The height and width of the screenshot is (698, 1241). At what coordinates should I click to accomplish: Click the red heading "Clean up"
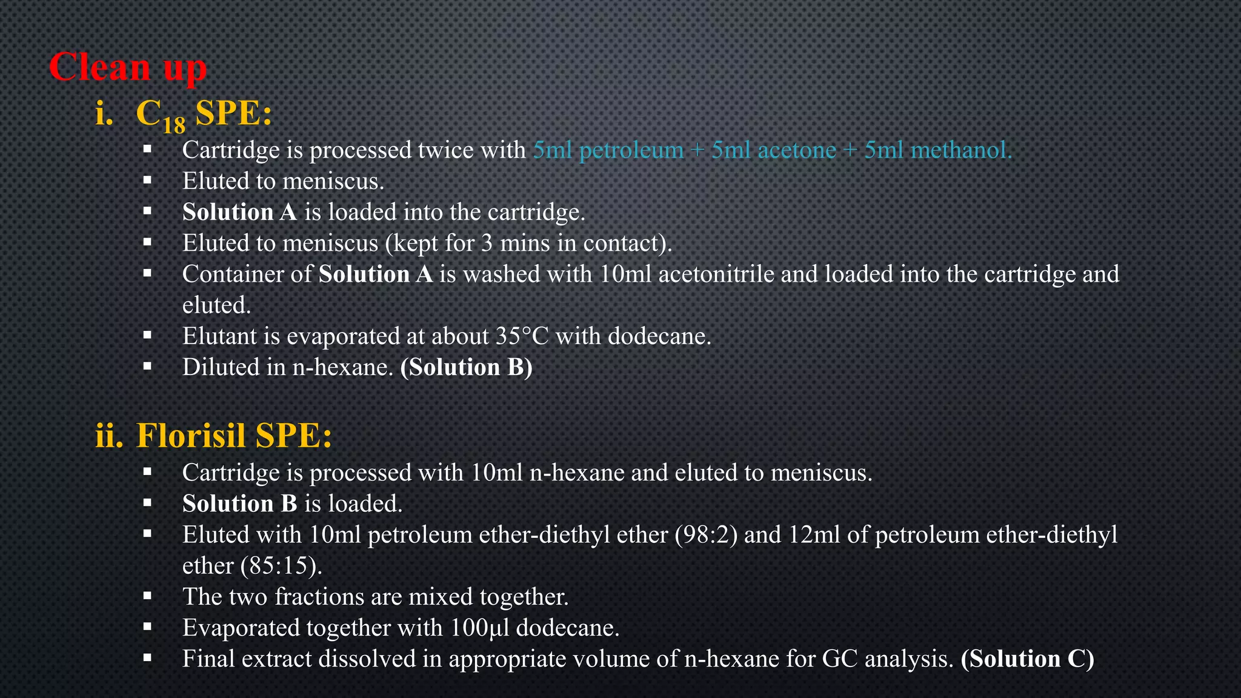coord(127,67)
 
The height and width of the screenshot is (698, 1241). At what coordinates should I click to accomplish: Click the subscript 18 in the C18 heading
coord(173,124)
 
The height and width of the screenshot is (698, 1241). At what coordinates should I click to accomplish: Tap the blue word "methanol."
coord(962,150)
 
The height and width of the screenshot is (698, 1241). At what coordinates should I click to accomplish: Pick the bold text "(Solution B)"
coord(466,367)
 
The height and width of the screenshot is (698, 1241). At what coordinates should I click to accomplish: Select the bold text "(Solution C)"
coord(1027,659)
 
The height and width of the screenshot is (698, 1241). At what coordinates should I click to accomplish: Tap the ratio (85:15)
coord(281,566)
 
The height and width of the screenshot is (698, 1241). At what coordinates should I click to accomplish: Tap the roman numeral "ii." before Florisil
coord(109,436)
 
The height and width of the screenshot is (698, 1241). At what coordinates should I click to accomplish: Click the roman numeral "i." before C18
coord(104,113)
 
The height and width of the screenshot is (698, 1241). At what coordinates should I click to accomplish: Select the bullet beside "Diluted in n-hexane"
coord(147,367)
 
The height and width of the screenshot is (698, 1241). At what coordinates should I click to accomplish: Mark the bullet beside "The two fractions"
coord(147,596)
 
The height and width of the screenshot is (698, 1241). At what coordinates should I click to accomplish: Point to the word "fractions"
coord(319,597)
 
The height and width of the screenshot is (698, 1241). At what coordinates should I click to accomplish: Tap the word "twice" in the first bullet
coord(446,150)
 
